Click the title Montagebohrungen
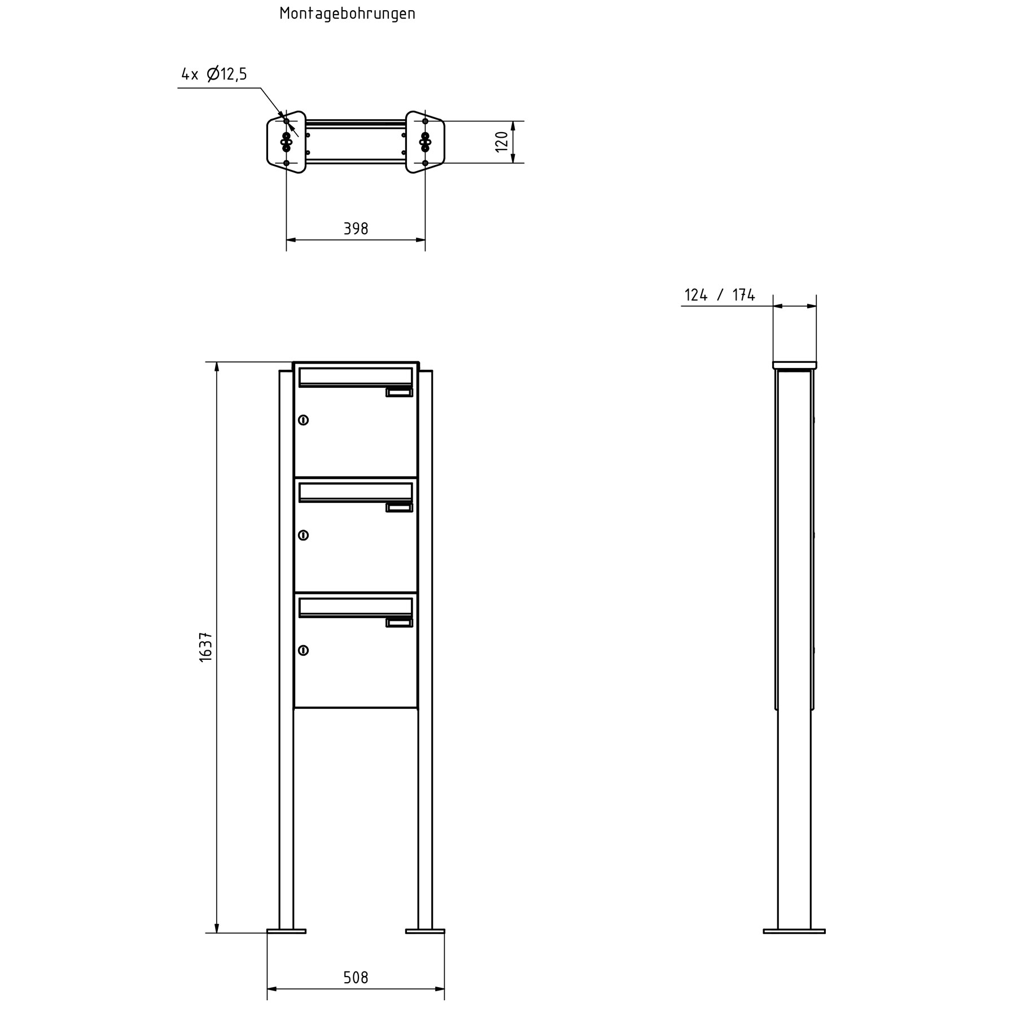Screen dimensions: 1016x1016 (347, 14)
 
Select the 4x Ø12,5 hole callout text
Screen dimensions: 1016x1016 (214, 74)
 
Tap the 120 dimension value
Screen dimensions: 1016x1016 (502, 142)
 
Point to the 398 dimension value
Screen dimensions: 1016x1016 (356, 229)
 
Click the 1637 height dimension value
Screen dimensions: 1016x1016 (205, 646)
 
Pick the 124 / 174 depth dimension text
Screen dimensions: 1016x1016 (720, 295)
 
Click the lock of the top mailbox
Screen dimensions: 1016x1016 (303, 420)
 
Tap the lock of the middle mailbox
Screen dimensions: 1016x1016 (303, 535)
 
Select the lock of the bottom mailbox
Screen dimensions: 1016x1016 (303, 650)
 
